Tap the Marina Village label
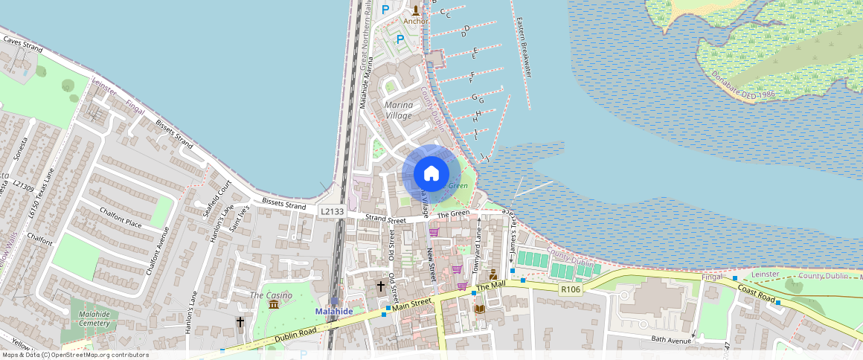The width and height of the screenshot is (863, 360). pyautogui.click(x=398, y=110)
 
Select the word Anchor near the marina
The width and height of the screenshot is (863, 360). pyautogui.click(x=415, y=21)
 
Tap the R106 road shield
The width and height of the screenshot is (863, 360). pyautogui.click(x=571, y=289)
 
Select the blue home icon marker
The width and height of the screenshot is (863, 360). pyautogui.click(x=431, y=174)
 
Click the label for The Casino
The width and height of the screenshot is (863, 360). pyautogui.click(x=266, y=295)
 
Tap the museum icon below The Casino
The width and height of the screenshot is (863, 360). pyautogui.click(x=274, y=305)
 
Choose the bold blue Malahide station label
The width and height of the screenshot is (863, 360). pyautogui.click(x=333, y=311)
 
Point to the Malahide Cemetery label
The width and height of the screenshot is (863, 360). pyautogui.click(x=94, y=318)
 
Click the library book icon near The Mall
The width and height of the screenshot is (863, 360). pyautogui.click(x=479, y=308)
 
